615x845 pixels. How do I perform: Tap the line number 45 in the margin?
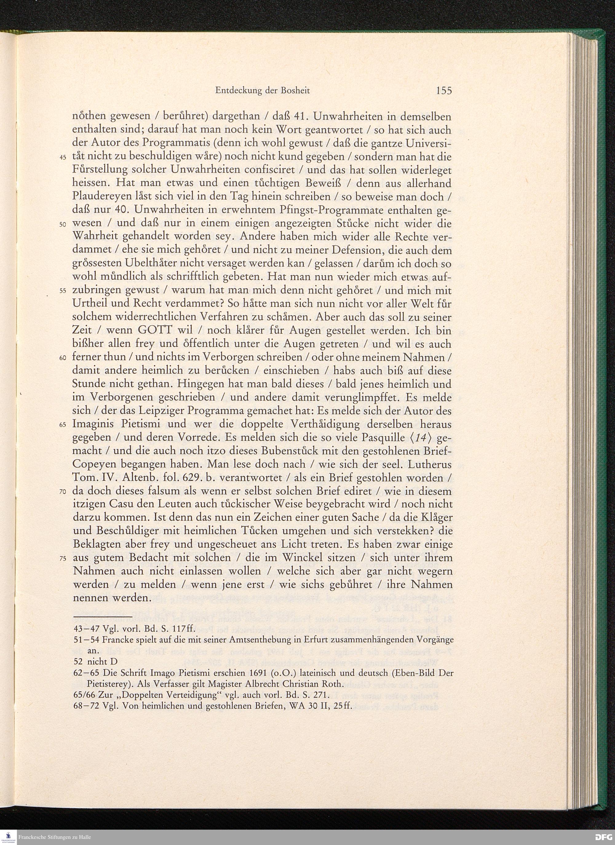[x=63, y=158]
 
